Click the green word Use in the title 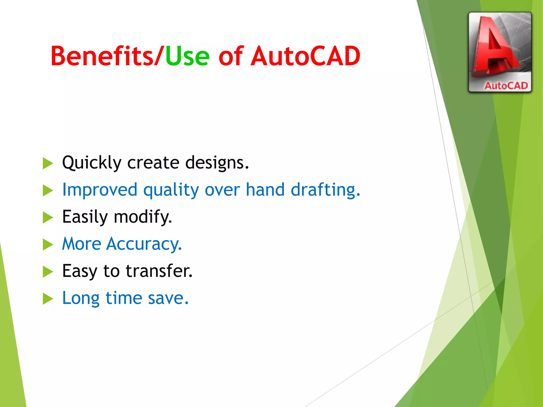187,56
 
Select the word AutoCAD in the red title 305,56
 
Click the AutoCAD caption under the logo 506,86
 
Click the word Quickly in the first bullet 91,163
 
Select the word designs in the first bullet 217,163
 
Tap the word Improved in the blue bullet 100,190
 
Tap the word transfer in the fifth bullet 159,271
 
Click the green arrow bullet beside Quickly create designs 48,163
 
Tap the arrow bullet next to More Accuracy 48,244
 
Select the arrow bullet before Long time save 48,299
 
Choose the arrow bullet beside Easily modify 48,217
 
